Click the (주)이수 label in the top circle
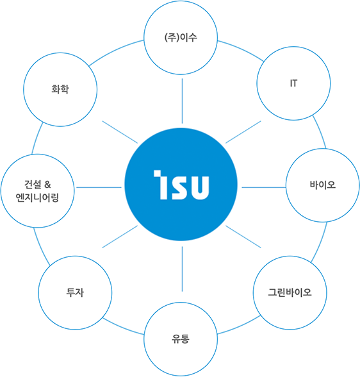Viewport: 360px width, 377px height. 181,37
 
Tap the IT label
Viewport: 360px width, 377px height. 293,83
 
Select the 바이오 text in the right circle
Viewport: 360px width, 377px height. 323,185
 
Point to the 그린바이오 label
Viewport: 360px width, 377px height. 290,292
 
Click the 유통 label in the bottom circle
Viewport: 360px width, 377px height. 181,339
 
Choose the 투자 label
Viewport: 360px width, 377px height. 75,292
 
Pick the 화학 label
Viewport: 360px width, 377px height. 60,89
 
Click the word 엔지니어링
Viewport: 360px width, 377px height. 37,197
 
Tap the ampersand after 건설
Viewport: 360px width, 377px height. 47,185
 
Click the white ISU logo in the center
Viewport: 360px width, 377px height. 181,185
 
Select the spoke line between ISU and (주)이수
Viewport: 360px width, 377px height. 182,101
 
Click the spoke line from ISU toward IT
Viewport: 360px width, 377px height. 243,132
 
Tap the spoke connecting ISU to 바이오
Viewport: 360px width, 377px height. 264,187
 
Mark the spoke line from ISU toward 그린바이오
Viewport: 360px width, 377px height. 243,237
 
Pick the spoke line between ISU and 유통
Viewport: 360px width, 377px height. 182,269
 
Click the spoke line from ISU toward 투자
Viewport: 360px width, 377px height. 120,237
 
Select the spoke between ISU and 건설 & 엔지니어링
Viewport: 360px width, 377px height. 99,187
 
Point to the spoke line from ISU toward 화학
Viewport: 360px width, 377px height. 120,132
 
